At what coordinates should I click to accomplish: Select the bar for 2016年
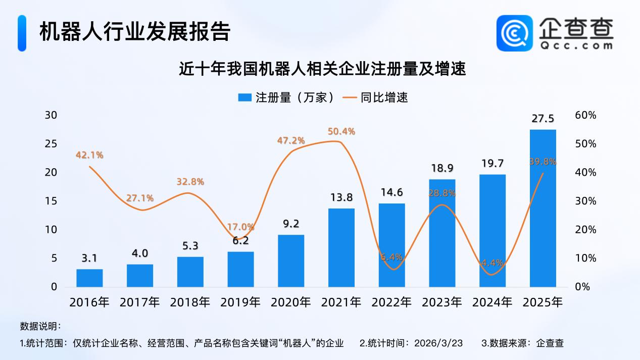click(x=89, y=278)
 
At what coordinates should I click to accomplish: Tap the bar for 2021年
click(x=341, y=247)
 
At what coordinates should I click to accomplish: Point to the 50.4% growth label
click(x=341, y=131)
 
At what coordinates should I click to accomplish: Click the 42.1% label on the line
click(x=89, y=155)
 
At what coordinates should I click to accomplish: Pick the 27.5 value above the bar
click(x=543, y=119)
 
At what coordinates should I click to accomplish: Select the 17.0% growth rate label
click(x=240, y=227)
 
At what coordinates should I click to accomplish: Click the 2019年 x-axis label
click(x=240, y=302)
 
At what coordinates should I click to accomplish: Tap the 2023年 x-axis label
click(x=442, y=302)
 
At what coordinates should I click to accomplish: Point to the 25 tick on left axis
click(x=51, y=144)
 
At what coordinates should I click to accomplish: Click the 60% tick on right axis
click(x=585, y=115)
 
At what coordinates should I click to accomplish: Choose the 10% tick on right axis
click(x=585, y=258)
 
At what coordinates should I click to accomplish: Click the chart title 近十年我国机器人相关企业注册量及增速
click(x=322, y=68)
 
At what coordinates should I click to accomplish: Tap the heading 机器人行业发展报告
click(x=135, y=31)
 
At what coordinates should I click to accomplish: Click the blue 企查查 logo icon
click(x=515, y=33)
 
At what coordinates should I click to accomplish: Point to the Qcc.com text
click(x=575, y=45)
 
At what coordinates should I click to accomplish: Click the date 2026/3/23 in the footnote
click(x=438, y=343)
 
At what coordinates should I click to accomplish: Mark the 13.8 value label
click(x=341, y=197)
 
